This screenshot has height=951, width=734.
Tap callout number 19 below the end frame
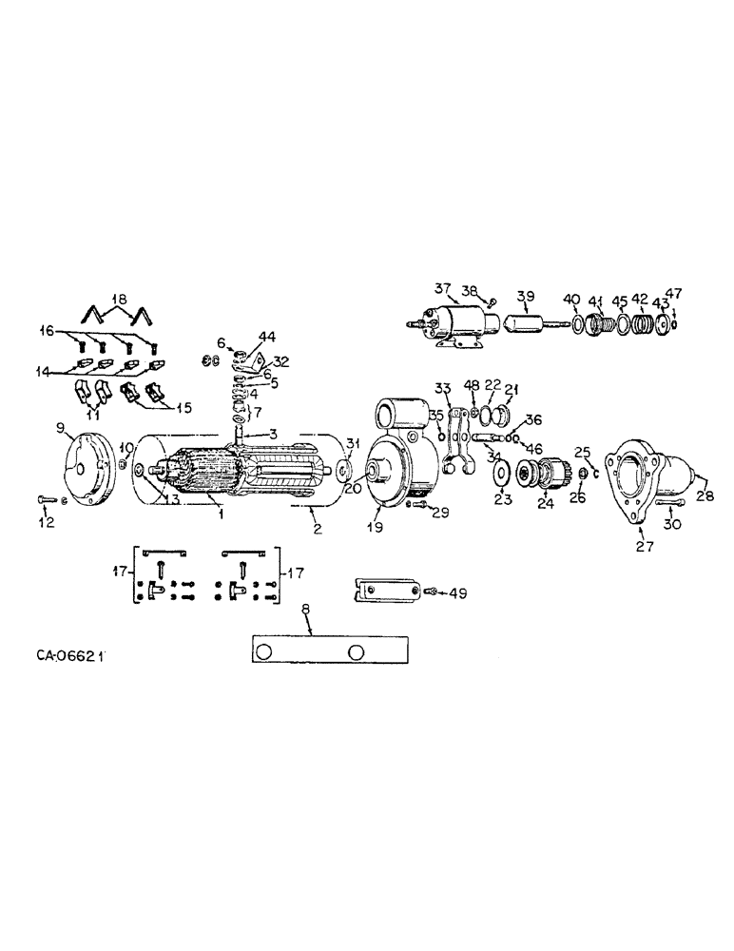(x=377, y=526)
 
